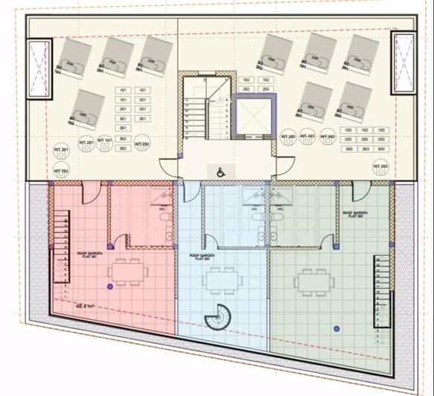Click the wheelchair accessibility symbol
click(220, 171)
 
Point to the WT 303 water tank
click(380, 166)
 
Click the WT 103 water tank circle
click(307, 138)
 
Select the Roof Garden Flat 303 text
click(357, 214)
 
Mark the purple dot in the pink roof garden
click(109, 287)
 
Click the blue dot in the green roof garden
click(337, 328)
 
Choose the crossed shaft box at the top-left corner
click(38, 68)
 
